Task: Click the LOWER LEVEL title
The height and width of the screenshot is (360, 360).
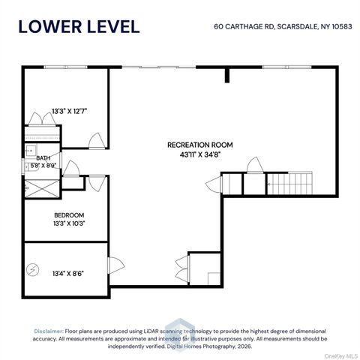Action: (x=79, y=26)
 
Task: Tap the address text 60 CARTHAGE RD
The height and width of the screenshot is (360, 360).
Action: (x=244, y=26)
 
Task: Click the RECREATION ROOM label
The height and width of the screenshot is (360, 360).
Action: (x=200, y=145)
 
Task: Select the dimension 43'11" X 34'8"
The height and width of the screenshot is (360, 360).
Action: (x=200, y=154)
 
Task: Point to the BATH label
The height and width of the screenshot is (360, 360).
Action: (x=43, y=158)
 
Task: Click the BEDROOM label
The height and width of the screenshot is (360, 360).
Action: (x=69, y=215)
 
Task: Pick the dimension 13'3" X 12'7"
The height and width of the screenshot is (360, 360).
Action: (x=69, y=111)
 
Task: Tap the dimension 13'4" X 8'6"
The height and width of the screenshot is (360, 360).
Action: (x=68, y=274)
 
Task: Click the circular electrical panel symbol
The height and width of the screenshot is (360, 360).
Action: (x=33, y=270)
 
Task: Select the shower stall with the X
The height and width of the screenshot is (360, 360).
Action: (x=42, y=188)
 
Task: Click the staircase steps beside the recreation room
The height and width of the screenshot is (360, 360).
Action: (x=289, y=184)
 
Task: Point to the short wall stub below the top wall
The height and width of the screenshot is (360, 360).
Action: (x=227, y=75)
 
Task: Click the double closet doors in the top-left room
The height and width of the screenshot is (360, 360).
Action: (x=42, y=118)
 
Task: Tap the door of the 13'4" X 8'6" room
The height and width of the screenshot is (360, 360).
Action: (x=116, y=265)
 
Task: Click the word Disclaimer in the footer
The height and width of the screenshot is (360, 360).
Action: (x=49, y=331)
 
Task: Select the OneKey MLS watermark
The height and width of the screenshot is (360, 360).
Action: (x=341, y=356)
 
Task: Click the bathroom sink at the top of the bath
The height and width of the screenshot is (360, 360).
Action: (x=31, y=151)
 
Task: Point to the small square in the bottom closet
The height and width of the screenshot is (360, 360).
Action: (x=214, y=278)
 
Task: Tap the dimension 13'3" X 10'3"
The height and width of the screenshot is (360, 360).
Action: (x=69, y=223)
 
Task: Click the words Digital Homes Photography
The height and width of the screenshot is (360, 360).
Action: (x=201, y=346)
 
